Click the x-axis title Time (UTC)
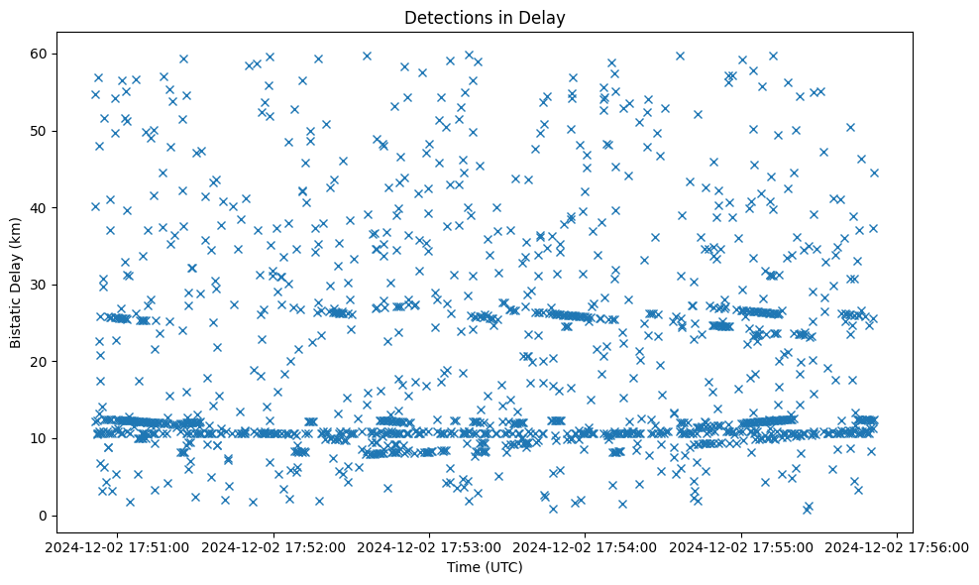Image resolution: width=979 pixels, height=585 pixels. click(x=485, y=568)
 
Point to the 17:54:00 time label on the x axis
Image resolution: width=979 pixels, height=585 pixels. click(x=586, y=545)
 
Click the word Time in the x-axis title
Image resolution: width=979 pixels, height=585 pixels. click(x=464, y=568)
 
